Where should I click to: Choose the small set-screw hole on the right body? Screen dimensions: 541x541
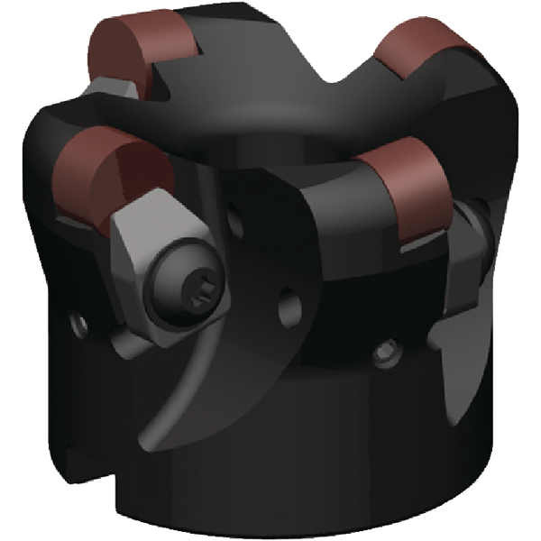389,347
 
